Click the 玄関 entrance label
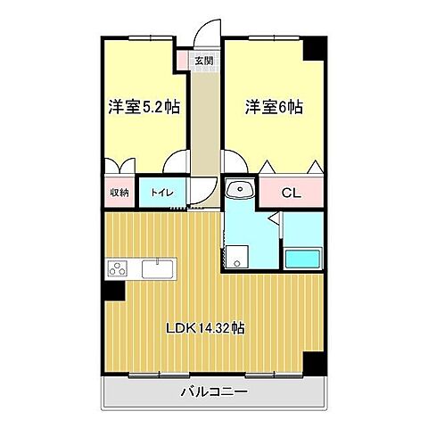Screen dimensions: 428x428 click(204, 62)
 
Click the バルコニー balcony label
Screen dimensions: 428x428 click(213, 391)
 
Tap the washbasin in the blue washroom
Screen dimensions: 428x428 click(238, 189)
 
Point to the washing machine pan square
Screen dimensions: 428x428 click(235, 258)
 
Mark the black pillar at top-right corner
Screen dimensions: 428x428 click(312, 49)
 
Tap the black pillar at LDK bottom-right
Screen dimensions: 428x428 click(312, 364)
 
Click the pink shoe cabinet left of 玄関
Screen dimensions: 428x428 click(183, 62)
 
